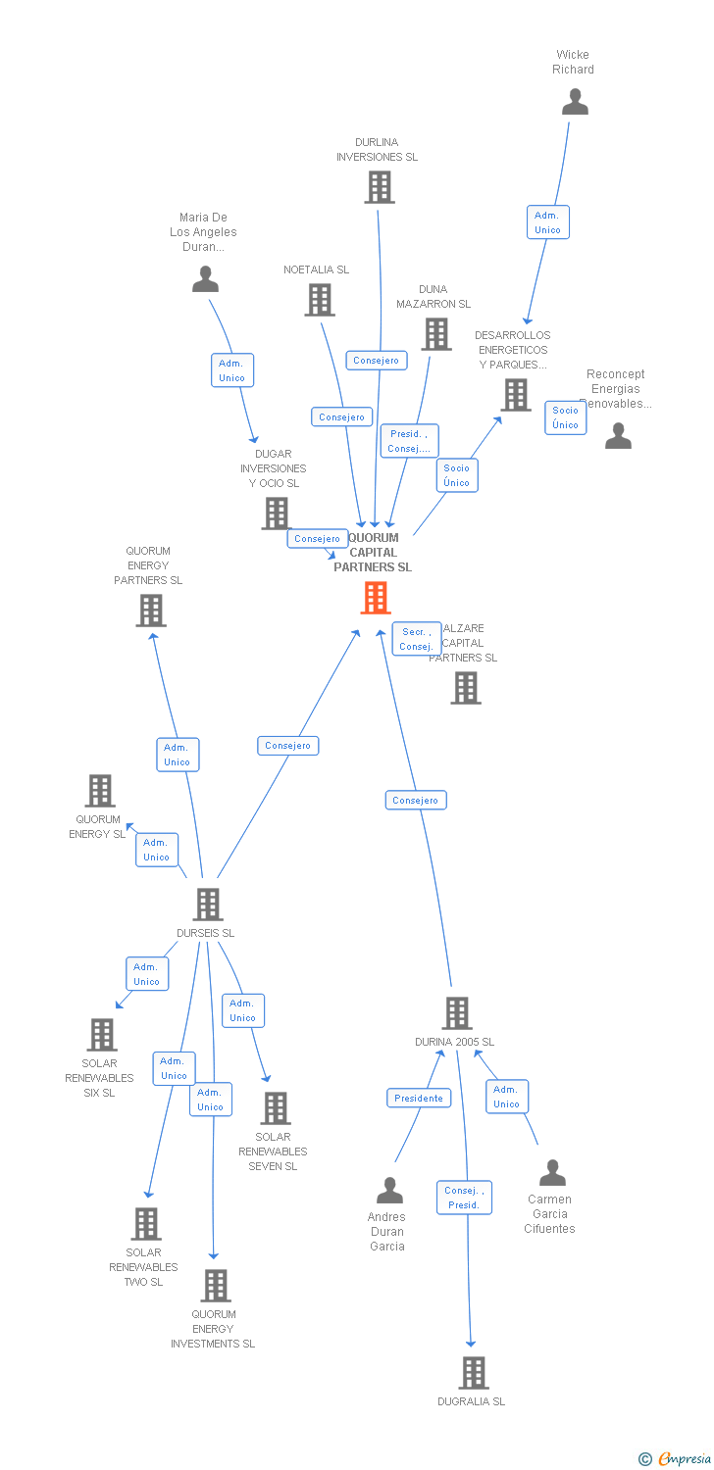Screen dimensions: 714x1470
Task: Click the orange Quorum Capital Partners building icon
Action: point(375,598)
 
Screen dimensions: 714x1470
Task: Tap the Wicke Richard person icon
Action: point(575,102)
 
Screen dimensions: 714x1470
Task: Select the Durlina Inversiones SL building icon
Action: point(379,187)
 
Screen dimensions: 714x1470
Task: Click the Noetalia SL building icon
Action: point(320,300)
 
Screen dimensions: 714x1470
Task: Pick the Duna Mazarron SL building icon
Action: point(436,334)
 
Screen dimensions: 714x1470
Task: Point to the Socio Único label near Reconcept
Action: point(565,417)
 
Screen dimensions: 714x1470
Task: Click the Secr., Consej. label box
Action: point(417,639)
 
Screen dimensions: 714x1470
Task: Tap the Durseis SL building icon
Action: point(208,904)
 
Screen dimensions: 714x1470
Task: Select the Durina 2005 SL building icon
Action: point(457,1013)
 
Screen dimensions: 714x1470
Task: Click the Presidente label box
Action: point(419,1099)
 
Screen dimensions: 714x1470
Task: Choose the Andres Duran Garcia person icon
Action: point(389,1191)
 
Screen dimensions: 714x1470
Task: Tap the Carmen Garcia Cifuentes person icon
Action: point(552,1173)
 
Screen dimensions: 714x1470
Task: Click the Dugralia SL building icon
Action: point(474,1373)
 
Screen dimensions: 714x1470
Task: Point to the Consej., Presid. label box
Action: point(464,1198)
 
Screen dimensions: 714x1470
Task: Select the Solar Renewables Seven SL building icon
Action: point(276,1108)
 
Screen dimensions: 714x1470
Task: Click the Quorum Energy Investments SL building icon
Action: point(215,1286)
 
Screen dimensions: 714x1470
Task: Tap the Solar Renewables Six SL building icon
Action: point(102,1035)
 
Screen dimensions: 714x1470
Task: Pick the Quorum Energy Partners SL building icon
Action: point(150,611)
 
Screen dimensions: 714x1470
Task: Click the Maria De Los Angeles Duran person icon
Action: point(205,279)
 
